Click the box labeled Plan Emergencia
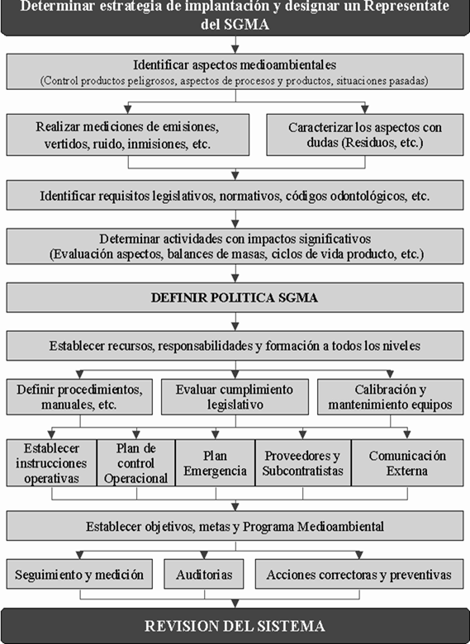[216, 463]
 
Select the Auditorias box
[204, 574]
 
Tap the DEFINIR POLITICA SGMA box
[235, 297]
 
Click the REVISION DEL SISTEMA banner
[235, 626]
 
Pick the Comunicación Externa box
[407, 463]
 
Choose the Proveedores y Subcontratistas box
[303, 463]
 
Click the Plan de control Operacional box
[136, 463]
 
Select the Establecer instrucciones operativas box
[52, 463]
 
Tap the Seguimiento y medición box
[79, 574]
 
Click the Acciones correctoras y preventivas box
[359, 574]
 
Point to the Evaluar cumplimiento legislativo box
[235, 397]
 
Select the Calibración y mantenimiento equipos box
[391, 397]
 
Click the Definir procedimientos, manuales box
[79, 397]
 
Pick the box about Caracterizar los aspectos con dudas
[365, 135]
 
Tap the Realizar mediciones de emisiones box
[127, 135]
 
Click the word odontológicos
[366, 197]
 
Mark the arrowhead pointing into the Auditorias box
[204, 556]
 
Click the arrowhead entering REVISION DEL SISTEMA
[235, 604]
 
